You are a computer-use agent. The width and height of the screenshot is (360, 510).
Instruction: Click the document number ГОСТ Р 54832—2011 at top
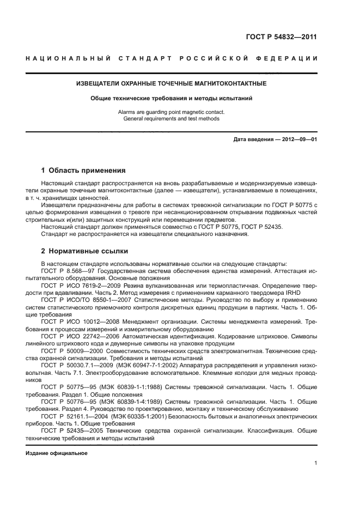283,38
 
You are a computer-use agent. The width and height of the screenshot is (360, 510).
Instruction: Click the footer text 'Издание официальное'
56,453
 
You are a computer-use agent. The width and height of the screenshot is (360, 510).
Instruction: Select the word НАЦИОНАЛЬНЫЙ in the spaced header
68,58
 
